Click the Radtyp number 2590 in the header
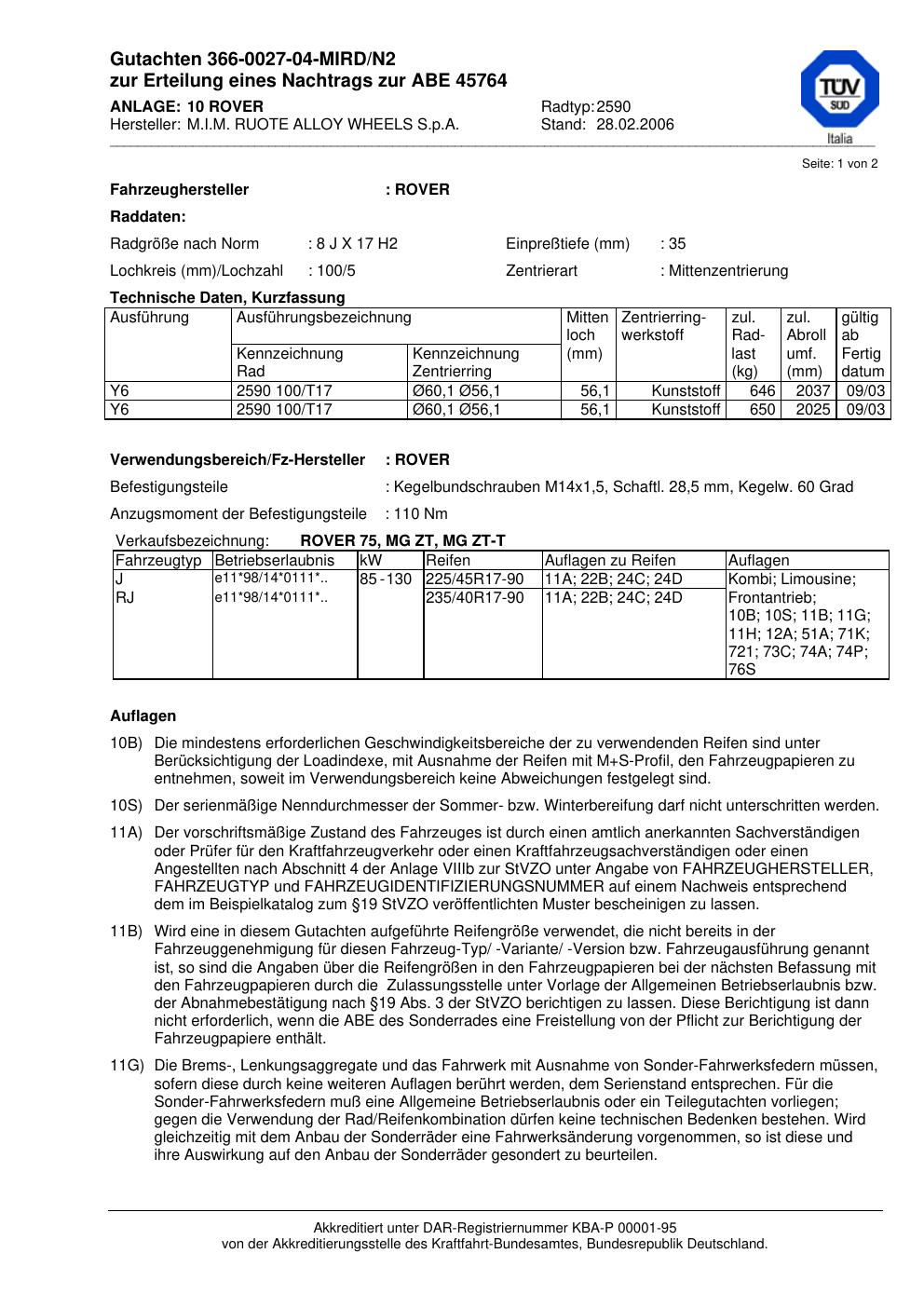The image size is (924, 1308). [614, 107]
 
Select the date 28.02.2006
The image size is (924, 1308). [635, 125]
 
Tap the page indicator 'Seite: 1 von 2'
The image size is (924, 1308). [839, 164]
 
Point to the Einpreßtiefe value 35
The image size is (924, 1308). [677, 244]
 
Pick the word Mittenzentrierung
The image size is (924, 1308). [728, 271]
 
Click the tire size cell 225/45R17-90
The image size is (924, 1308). [475, 579]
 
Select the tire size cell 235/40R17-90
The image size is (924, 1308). [475, 598]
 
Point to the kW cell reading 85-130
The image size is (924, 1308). [386, 579]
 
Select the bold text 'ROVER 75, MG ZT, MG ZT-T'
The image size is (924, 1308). [402, 541]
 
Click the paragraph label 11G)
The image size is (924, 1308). [127, 1066]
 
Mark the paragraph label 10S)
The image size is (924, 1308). [127, 806]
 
